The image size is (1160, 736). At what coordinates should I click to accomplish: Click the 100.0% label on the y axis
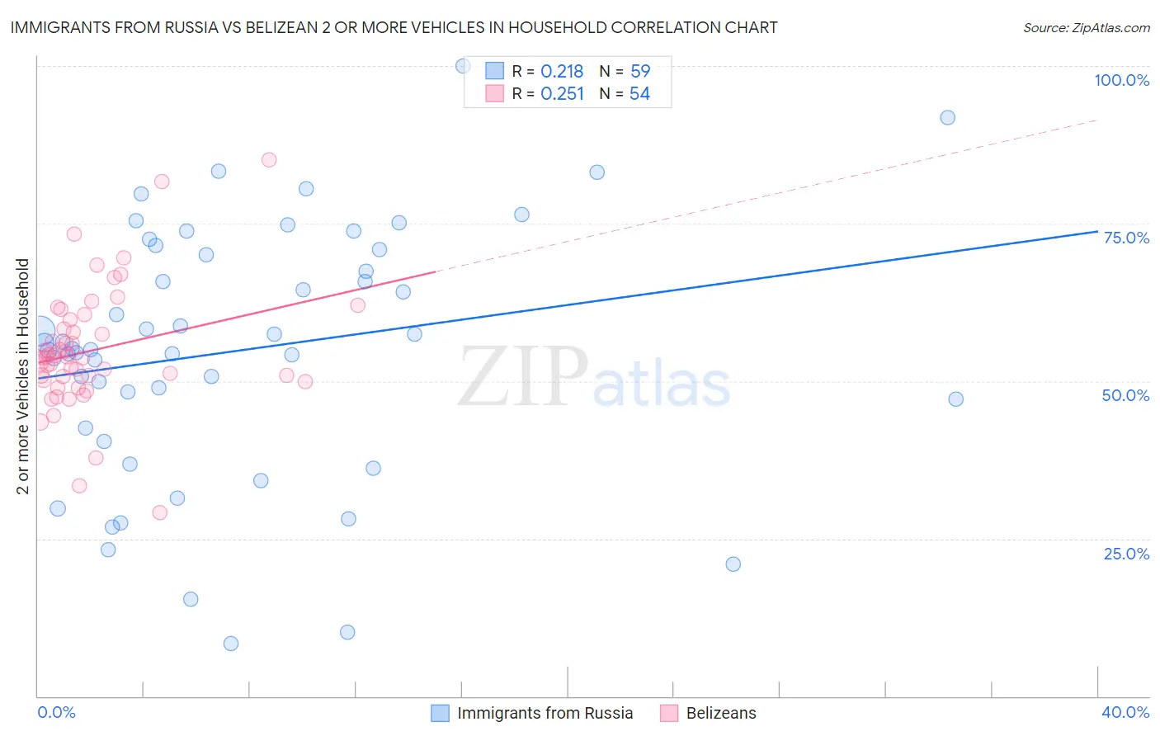tap(1121, 80)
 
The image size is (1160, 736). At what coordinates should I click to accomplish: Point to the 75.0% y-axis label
tap(1126, 238)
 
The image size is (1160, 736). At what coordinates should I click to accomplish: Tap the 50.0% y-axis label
tap(1125, 395)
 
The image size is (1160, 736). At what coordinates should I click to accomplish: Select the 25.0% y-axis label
tap(1126, 553)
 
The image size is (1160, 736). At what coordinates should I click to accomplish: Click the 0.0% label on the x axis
tap(56, 712)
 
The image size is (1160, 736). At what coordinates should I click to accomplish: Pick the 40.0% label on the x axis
tap(1125, 712)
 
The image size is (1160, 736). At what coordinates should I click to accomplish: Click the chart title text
tap(394, 27)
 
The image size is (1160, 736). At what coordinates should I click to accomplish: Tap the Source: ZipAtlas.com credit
tap(1086, 27)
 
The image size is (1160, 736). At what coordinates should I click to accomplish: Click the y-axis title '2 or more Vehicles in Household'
tap(23, 376)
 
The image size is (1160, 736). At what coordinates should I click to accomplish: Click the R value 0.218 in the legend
tap(562, 72)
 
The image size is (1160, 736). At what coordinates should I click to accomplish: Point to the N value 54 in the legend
tap(639, 94)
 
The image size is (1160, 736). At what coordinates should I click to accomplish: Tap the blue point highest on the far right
tap(947, 118)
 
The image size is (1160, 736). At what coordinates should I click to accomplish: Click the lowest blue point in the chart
tap(231, 644)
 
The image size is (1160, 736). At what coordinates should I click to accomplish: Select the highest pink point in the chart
tap(269, 160)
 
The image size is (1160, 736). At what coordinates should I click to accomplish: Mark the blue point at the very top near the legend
tap(463, 66)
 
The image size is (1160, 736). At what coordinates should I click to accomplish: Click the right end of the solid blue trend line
tap(1096, 232)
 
